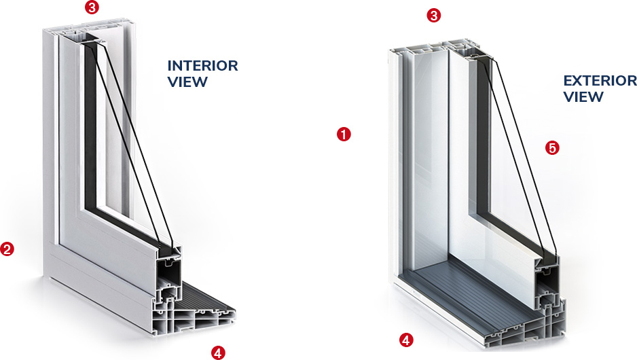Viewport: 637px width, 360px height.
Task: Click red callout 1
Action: [344, 134]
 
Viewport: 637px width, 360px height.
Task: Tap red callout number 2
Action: [7, 249]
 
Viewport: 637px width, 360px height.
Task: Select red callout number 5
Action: [552, 147]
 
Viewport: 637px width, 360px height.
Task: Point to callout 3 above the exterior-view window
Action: [433, 15]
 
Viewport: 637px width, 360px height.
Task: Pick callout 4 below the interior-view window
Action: [217, 352]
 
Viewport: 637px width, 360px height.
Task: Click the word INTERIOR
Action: [202, 66]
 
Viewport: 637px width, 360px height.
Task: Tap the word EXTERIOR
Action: [600, 81]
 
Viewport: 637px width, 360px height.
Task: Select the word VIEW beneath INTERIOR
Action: [187, 82]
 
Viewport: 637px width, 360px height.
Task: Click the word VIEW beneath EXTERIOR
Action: [583, 96]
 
